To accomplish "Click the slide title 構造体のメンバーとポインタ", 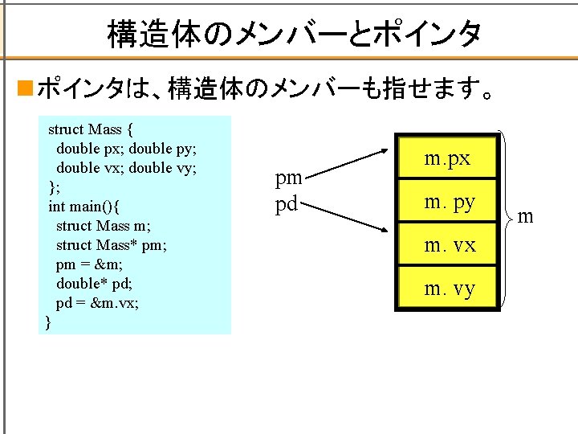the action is (294, 34).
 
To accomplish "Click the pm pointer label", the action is (289, 179).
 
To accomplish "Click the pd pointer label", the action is (287, 203).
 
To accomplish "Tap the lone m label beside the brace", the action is (524, 215).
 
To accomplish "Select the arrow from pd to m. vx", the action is (345, 219).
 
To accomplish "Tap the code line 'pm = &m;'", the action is (89, 264).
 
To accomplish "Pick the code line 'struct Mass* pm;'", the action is (112, 245).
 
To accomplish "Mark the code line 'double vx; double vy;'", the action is (126, 168).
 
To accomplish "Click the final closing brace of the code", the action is (48, 322).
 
